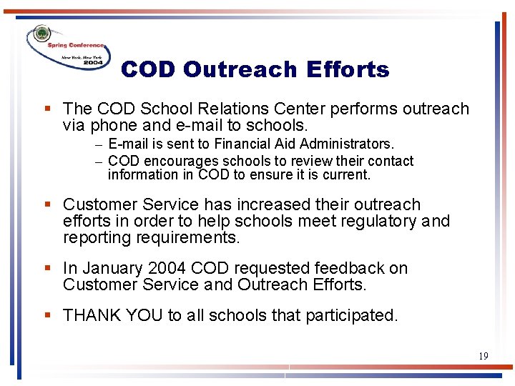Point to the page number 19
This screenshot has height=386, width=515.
(x=484, y=355)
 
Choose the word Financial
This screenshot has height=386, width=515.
(x=237, y=144)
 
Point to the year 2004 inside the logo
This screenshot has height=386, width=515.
(x=93, y=63)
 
